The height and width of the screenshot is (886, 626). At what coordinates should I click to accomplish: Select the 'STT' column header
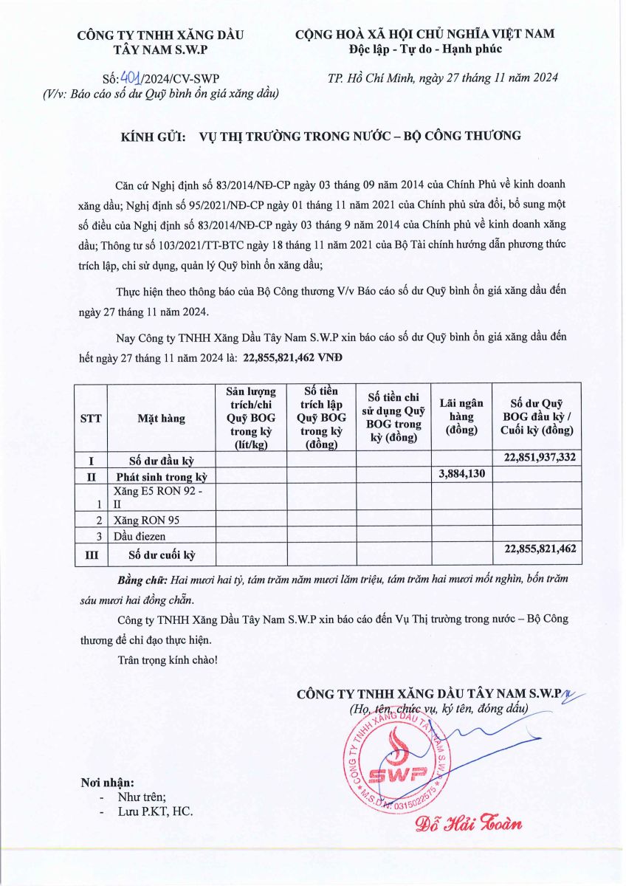pyautogui.click(x=91, y=419)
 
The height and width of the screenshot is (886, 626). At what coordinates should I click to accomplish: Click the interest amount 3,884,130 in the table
pyautogui.click(x=462, y=474)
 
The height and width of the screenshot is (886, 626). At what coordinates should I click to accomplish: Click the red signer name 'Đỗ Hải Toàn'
pyautogui.click(x=468, y=823)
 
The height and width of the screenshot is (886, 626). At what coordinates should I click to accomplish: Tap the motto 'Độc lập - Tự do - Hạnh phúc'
pyautogui.click(x=425, y=49)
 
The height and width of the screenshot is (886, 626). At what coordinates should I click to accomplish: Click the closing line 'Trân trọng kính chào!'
pyautogui.click(x=168, y=658)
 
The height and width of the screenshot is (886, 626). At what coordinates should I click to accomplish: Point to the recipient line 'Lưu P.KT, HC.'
pyautogui.click(x=155, y=811)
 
